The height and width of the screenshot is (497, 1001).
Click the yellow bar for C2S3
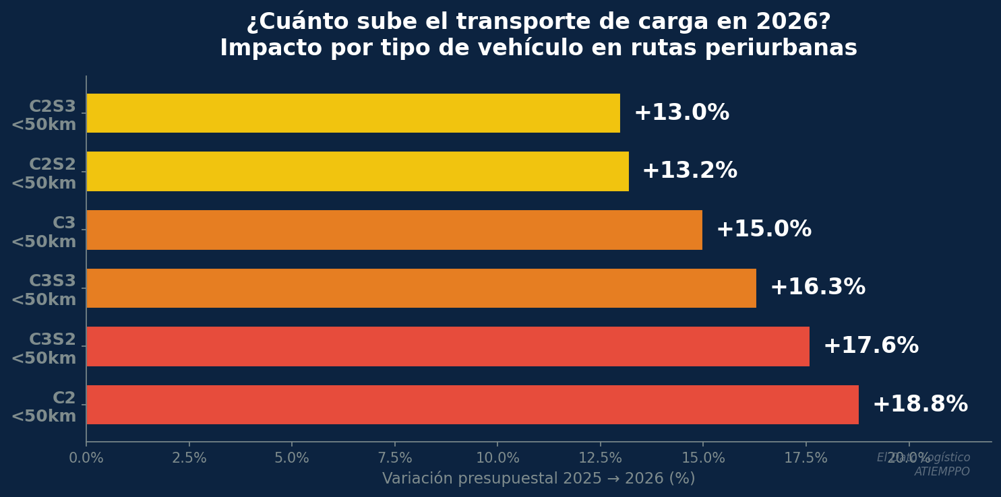pyautogui.click(x=353, y=113)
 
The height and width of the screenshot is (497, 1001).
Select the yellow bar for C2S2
pyautogui.click(x=357, y=171)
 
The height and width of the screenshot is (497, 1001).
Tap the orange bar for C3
pyautogui.click(x=394, y=230)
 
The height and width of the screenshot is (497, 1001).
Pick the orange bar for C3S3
pyautogui.click(x=421, y=288)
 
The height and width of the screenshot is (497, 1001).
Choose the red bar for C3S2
pyautogui.click(x=448, y=346)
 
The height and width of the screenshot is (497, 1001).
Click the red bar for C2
pyautogui.click(x=473, y=405)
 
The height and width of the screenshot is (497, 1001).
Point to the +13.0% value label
pyautogui.click(x=681, y=113)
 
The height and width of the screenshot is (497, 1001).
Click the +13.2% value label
pyautogui.click(x=690, y=171)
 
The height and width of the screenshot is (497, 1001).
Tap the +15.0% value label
pyautogui.click(x=764, y=230)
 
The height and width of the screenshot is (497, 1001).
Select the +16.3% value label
pyautogui.click(x=818, y=288)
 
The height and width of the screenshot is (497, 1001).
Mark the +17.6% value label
pyautogui.click(x=871, y=346)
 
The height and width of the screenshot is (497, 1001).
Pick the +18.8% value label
pyautogui.click(x=920, y=405)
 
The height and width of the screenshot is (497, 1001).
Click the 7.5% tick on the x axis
pyautogui.click(x=395, y=459)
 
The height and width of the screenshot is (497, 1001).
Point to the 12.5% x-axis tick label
pyautogui.click(x=601, y=459)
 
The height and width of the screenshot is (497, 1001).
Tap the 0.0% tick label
pyautogui.click(x=86, y=459)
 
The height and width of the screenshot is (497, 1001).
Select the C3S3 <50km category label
pyautogui.click(x=44, y=291)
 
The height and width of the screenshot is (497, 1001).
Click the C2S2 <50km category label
pyautogui.click(x=44, y=174)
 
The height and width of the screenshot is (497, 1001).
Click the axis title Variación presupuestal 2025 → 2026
pyautogui.click(x=539, y=479)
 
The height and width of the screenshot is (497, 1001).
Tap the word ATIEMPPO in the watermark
pyautogui.click(x=942, y=472)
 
